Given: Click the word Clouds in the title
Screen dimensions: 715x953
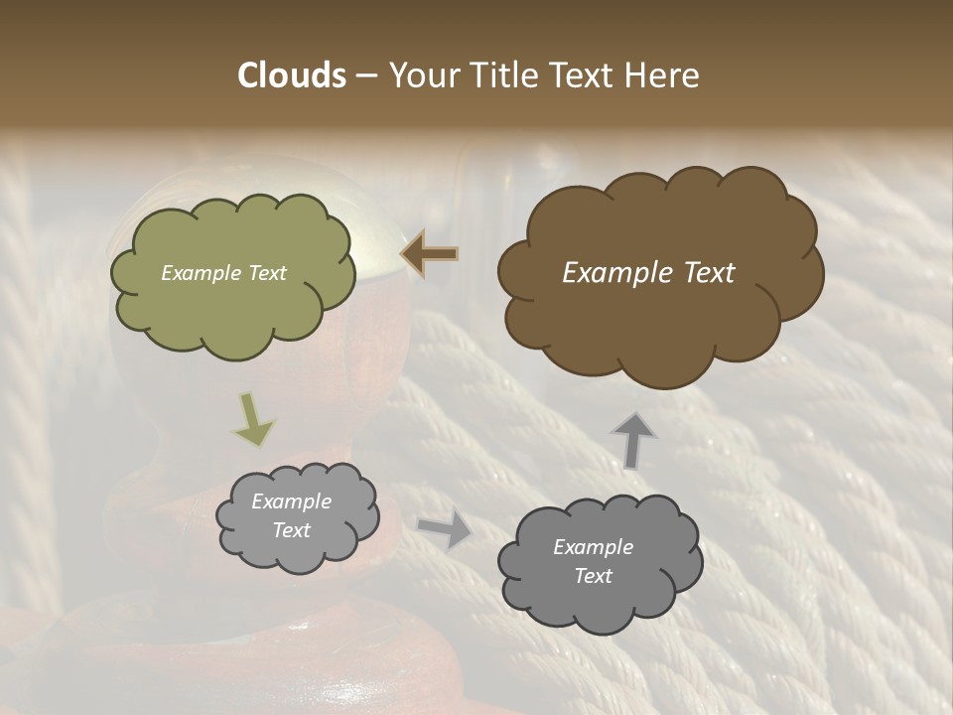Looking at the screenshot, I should click(292, 75).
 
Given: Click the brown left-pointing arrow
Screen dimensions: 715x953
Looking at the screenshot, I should click(430, 254).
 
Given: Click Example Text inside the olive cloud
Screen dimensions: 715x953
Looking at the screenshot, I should click(223, 273).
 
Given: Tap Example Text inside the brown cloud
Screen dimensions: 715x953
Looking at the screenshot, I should click(648, 273).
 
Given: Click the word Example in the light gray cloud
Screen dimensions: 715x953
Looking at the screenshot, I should click(291, 501).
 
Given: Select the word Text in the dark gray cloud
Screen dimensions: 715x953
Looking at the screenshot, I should click(593, 576).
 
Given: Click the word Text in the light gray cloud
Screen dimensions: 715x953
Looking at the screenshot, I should click(291, 530).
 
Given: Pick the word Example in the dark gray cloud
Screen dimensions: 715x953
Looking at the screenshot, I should click(593, 547).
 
